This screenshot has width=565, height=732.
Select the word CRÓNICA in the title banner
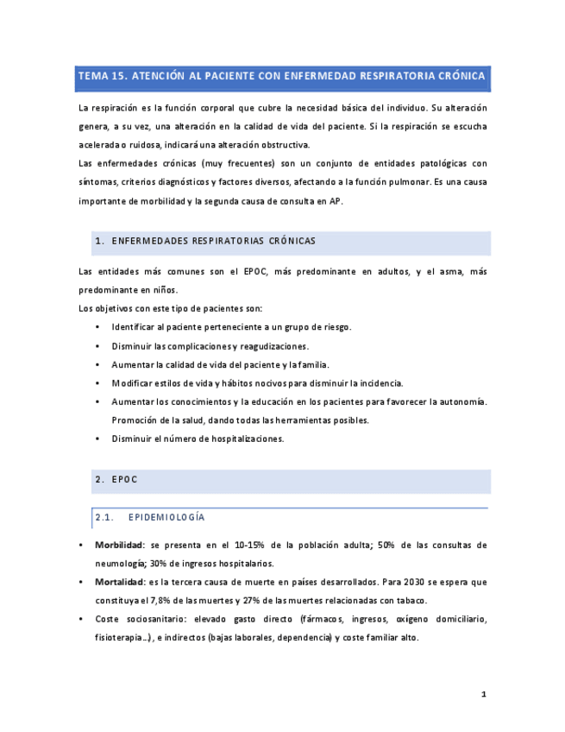(x=457, y=77)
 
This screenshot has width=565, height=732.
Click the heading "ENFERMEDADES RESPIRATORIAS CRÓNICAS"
(x=214, y=241)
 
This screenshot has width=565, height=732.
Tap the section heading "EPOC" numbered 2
(x=124, y=479)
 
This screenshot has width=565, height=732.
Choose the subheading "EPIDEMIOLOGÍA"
(x=166, y=517)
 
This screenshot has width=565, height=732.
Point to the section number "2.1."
(x=105, y=517)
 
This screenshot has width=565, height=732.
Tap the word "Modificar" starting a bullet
(x=134, y=382)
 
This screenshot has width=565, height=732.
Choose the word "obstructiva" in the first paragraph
(x=289, y=145)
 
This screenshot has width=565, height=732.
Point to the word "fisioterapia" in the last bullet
(x=118, y=638)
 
